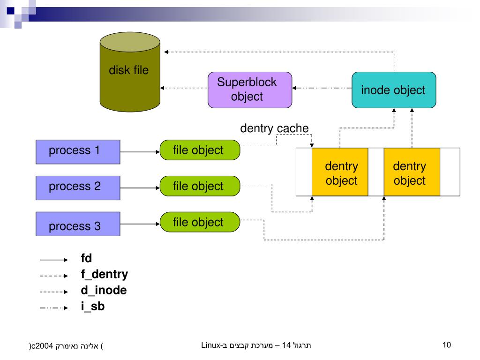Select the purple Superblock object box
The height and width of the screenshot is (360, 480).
tap(250, 89)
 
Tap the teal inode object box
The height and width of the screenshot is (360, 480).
tap(394, 90)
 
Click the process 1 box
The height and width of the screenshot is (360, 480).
tap(78, 151)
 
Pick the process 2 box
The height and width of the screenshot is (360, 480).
tap(78, 187)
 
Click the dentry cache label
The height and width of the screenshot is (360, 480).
tap(274, 128)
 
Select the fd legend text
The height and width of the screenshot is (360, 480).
tap(86, 258)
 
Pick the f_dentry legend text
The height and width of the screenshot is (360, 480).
tap(104, 275)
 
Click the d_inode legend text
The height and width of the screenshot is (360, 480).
tap(104, 291)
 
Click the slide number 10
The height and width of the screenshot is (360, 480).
tap(446, 345)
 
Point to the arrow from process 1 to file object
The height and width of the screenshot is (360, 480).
tap(140, 152)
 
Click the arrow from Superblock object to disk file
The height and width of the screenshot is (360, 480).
tap(184, 88)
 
